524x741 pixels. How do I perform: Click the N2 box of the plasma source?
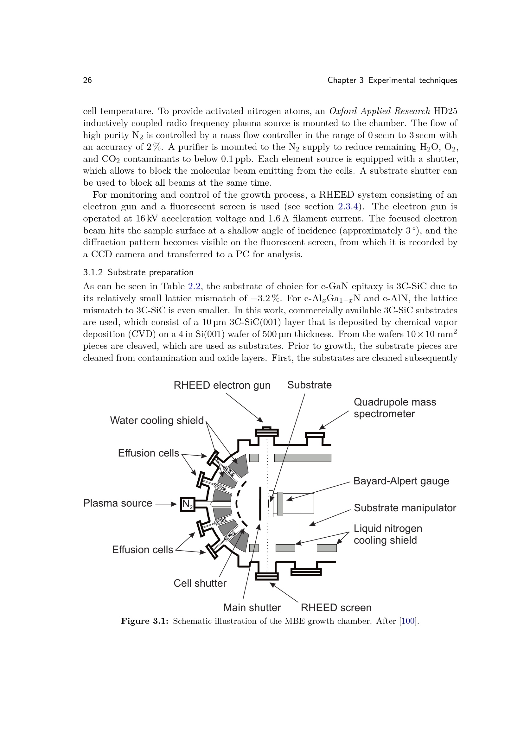[188, 504]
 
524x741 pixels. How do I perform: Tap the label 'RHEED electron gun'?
[222, 385]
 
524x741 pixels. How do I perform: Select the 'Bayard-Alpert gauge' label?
[401, 481]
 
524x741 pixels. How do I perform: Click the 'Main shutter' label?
[252, 608]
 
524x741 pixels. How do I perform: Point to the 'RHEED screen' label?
[336, 608]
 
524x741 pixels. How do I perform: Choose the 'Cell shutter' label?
[200, 583]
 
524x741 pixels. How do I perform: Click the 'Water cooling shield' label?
[157, 420]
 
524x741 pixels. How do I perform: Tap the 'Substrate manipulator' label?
[405, 508]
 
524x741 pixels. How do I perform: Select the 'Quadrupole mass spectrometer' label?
[395, 408]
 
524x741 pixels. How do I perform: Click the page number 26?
[87, 80]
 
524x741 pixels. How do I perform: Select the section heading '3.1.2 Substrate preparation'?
[138, 272]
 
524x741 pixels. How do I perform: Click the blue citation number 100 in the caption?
[408, 621]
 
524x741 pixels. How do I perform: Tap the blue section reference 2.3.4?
[348, 207]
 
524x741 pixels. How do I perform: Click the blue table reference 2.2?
[194, 286]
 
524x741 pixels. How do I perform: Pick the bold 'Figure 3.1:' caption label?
[145, 621]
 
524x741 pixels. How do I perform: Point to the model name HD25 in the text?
[445, 111]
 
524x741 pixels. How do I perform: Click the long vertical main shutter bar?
[260, 504]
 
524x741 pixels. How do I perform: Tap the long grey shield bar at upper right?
[302, 458]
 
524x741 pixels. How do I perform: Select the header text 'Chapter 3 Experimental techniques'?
[392, 80]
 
